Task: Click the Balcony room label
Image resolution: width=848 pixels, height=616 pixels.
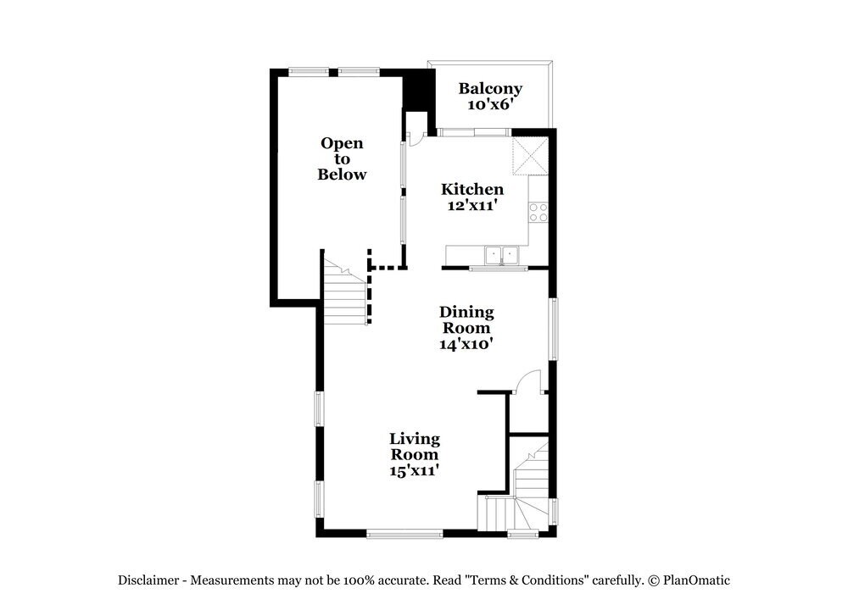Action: coord(490,88)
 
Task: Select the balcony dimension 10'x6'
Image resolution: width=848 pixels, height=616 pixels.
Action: coord(490,105)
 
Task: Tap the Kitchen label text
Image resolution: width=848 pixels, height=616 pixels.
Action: coord(472,189)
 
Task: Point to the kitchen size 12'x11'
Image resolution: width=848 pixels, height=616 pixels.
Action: coord(472,205)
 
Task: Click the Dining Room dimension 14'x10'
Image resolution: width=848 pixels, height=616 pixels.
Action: coord(466,344)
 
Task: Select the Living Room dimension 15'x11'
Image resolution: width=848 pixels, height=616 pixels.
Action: coord(415,470)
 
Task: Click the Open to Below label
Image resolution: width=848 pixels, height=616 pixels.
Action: coord(342,158)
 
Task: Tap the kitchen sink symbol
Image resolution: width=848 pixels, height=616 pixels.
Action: coord(501,254)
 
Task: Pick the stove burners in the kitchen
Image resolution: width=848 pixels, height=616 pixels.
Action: coord(538,212)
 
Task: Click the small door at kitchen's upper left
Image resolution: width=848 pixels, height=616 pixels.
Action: coord(416,138)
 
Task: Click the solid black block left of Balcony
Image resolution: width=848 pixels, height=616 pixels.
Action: coord(417,92)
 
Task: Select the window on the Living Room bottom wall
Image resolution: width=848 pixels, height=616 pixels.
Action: coord(404,534)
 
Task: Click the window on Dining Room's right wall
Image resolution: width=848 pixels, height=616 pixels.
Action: coord(553,328)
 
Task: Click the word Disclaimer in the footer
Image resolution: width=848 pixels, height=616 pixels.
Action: coord(148,580)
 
